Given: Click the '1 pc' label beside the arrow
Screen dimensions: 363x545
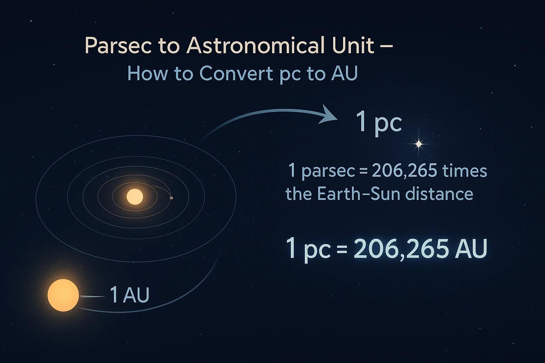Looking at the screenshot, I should (379, 123).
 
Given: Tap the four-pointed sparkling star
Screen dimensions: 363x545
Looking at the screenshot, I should (419, 144).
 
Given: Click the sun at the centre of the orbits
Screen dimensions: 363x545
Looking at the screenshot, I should (134, 197).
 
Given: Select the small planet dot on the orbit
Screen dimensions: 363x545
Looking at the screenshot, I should (171, 198).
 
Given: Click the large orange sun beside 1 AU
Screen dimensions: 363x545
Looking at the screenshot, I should (63, 295).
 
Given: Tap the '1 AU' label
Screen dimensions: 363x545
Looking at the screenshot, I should (129, 295).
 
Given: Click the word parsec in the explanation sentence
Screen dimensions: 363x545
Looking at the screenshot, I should (328, 171).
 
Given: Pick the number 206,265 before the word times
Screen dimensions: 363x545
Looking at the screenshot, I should (404, 171).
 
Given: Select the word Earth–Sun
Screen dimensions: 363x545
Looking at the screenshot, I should (359, 194).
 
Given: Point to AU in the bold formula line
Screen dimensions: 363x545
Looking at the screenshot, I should (471, 249).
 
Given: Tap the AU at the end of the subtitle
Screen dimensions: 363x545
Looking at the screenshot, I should (344, 74).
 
